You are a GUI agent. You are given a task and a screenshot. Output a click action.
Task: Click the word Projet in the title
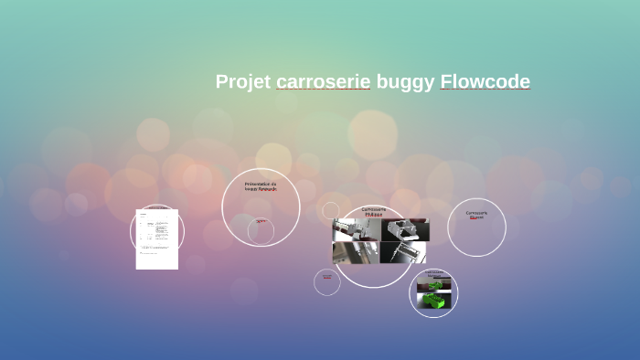pos(242,82)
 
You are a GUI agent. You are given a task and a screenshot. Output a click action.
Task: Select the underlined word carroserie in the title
pos(323,82)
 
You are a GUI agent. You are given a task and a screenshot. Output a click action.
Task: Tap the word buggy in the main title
pos(405,82)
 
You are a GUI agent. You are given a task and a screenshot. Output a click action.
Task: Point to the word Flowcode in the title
pos(485,82)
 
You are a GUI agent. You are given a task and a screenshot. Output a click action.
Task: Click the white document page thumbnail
pos(157,239)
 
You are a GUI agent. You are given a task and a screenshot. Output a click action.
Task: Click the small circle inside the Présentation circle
pos(261,232)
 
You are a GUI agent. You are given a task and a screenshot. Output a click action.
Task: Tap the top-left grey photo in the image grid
pos(356,228)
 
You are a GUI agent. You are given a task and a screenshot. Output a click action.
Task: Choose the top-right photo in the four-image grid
pos(403,228)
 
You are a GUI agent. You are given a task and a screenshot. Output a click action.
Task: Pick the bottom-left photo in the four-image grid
pos(356,252)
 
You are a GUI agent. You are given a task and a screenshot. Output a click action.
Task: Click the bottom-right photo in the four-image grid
pos(403,252)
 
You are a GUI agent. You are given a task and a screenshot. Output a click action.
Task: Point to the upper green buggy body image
pos(433,284)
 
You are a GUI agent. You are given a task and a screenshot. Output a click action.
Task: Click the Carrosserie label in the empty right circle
pos(476,213)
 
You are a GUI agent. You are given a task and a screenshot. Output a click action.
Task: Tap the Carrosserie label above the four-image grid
pos(373,209)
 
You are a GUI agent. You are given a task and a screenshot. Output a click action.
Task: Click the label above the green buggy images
pos(433,272)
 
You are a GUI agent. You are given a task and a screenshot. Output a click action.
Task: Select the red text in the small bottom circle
pos(327,278)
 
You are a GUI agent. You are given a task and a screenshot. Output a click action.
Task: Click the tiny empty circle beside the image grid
pos(331,210)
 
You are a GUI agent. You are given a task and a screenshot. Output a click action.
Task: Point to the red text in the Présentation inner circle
pos(261,221)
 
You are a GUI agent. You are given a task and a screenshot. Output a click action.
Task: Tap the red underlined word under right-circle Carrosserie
pos(476,218)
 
